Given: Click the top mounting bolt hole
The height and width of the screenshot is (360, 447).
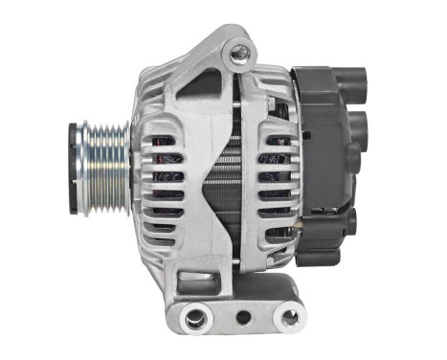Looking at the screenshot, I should click(x=238, y=56).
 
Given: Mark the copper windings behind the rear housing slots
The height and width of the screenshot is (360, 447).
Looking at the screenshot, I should click(x=278, y=182).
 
